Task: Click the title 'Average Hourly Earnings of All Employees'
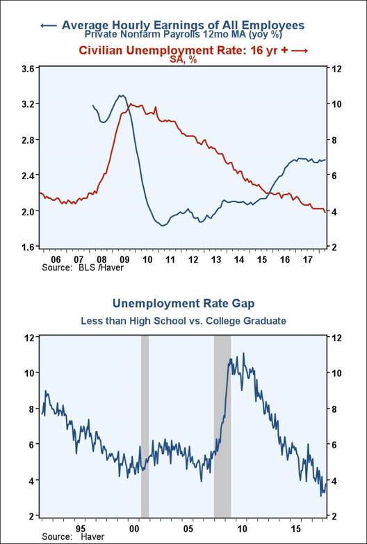click(183, 25)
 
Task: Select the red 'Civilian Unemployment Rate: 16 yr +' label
click(183, 50)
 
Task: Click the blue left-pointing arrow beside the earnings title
click(49, 26)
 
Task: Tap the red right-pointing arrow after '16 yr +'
click(300, 51)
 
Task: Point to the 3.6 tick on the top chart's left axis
click(30, 68)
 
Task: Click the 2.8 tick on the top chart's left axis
click(30, 140)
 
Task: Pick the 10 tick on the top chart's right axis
click(335, 104)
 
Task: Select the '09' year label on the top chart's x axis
click(124, 259)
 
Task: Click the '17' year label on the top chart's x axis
click(307, 259)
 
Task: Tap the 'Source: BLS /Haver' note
click(82, 267)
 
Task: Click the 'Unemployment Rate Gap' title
click(183, 304)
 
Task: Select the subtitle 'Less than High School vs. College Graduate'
click(183, 321)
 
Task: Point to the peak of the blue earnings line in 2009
click(121, 95)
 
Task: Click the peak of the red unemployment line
click(131, 104)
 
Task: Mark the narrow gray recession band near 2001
click(145, 426)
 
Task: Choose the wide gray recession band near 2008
click(222, 426)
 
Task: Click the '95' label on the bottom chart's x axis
click(81, 529)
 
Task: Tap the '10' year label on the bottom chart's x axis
click(242, 529)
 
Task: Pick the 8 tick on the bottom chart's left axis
click(33, 409)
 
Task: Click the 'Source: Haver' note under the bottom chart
click(73, 537)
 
